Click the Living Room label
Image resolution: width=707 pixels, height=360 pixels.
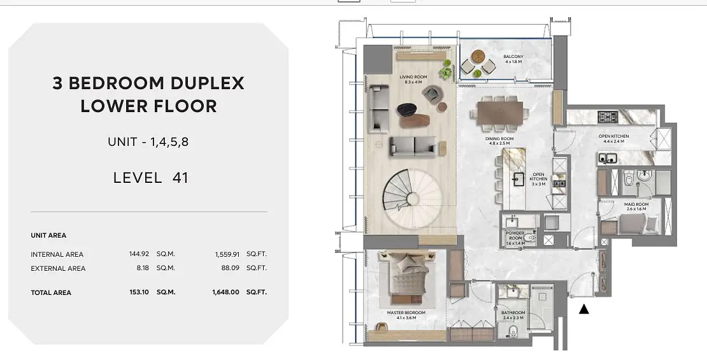click(x=413, y=80)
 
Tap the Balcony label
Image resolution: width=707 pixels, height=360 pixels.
click(x=513, y=59)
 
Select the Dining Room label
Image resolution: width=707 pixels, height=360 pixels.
click(x=499, y=141)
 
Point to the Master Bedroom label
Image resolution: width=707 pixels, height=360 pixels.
click(x=406, y=315)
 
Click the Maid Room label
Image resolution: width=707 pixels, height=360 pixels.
click(x=636, y=206)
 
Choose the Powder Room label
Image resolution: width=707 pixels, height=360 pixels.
click(x=515, y=238)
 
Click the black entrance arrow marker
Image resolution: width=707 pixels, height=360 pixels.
click(x=584, y=309)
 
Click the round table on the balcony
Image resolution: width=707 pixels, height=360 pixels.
click(x=478, y=57)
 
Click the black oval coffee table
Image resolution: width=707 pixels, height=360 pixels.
click(x=407, y=110)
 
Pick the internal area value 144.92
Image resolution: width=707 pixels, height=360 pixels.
click(x=139, y=254)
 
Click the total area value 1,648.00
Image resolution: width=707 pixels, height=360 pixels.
click(x=225, y=292)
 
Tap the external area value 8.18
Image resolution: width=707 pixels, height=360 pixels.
click(x=143, y=268)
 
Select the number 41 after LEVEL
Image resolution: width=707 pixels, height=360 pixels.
click(x=180, y=178)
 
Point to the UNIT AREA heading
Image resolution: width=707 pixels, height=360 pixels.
click(x=48, y=236)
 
